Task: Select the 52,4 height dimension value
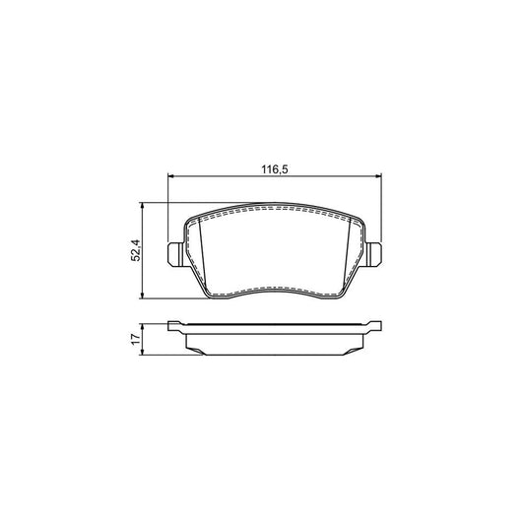137,251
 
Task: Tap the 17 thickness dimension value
137,339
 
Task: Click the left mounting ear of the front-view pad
174,253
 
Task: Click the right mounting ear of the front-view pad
377,253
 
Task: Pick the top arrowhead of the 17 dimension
146,324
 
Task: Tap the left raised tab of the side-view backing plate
174,324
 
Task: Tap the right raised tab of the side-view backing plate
375,324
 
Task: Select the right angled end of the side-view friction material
361,342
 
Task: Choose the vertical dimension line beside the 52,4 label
146,276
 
